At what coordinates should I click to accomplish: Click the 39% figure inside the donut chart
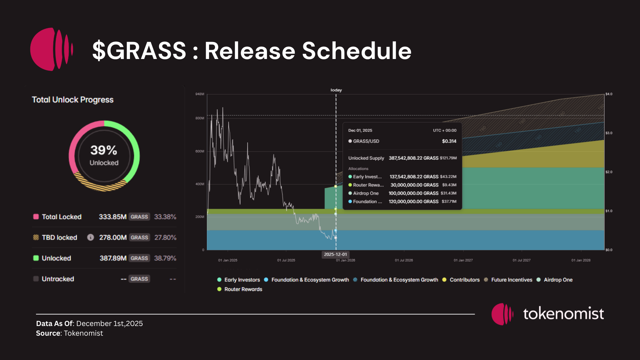tap(104, 150)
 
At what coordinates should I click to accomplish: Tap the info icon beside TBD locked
tap(90, 237)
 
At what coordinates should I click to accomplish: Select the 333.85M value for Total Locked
tap(113, 217)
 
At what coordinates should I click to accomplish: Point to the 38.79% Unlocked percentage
tap(165, 258)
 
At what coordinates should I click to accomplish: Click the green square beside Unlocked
tap(36, 258)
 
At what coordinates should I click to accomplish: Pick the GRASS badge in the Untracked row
tap(139, 279)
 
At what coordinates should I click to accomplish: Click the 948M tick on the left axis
tap(200, 94)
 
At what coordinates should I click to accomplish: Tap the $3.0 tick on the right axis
tap(609, 133)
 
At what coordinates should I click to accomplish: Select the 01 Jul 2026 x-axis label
tap(404, 260)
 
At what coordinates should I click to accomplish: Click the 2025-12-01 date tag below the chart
tap(335, 254)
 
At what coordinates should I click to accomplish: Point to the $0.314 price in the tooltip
tap(449, 141)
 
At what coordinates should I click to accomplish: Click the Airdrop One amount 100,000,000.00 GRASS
tap(413, 193)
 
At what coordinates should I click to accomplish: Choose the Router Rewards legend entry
tap(243, 289)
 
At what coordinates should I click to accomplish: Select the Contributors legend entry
tap(464, 280)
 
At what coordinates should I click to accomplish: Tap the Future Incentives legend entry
tap(511, 280)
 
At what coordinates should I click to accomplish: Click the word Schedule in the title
tap(357, 51)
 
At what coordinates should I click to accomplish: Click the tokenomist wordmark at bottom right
tap(563, 314)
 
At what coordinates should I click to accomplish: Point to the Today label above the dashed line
tap(336, 90)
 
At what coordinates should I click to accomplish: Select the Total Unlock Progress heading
tap(73, 100)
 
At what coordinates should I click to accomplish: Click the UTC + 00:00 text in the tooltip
tap(445, 130)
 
